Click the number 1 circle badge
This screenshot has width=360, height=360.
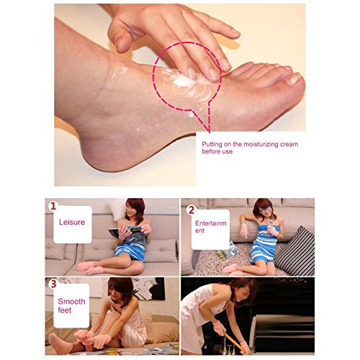coord(53,206)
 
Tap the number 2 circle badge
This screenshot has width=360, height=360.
coord(191,210)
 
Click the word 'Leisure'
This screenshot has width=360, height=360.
coord(71,222)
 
